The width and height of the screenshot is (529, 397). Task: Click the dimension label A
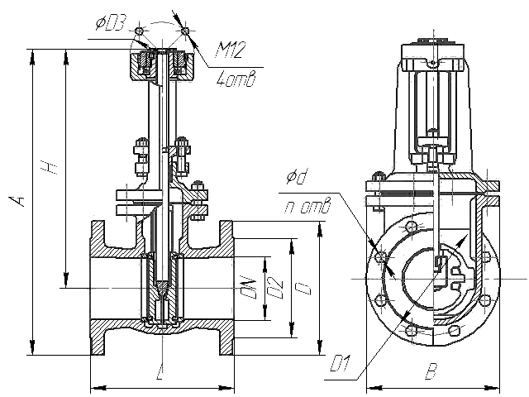point(20,199)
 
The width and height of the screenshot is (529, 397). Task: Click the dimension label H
point(51,166)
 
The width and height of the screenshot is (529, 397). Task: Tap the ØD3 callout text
point(111,24)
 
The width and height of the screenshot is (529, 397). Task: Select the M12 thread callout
point(230,50)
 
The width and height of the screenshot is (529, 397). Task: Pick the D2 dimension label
point(276,288)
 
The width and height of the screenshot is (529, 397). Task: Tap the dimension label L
point(160,371)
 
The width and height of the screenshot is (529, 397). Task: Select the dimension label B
point(431,371)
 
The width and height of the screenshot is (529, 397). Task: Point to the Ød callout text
point(298,177)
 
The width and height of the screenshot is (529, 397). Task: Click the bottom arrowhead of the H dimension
point(66,281)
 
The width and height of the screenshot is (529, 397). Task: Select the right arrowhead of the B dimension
point(493,388)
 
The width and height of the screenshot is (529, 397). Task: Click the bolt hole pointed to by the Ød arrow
point(380,257)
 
